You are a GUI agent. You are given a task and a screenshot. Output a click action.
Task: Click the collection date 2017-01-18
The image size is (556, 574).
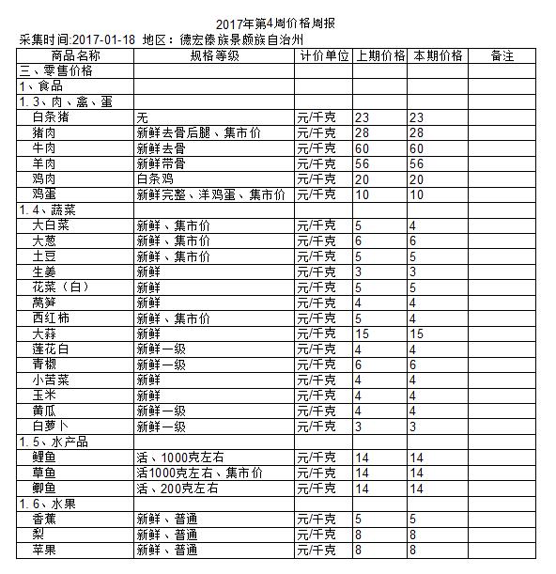tap(103, 39)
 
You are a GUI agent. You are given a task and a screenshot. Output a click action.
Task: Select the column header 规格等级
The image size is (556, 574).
tap(214, 56)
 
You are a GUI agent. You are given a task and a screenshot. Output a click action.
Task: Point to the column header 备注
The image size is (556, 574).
tap(503, 56)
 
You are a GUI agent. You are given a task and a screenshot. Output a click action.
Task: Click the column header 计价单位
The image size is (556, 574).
tap(324, 56)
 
